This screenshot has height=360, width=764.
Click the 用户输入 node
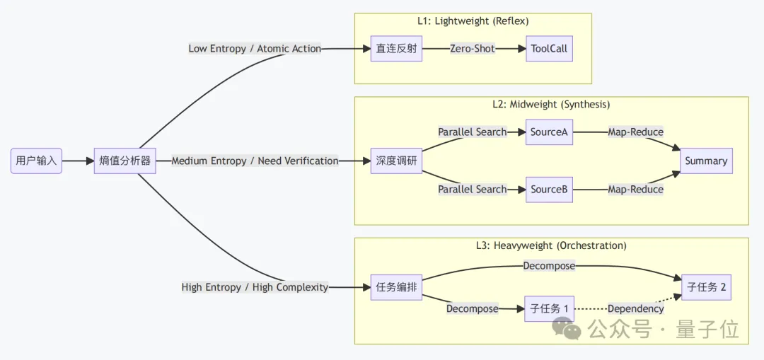[36, 161]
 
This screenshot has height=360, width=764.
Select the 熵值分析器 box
[125, 161]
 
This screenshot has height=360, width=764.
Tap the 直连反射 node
[396, 49]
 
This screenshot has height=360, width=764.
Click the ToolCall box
[548, 49]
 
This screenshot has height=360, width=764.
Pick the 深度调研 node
[396, 161]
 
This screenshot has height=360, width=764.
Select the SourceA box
[549, 132]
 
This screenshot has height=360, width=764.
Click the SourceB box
[549, 190]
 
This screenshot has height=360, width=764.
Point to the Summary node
[705, 161]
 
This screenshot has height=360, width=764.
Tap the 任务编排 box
[396, 287]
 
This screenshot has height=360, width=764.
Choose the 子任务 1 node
[549, 308]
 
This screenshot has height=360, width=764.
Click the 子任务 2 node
[706, 287]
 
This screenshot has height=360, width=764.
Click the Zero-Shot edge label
[473, 49]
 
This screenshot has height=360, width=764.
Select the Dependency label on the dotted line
[635, 308]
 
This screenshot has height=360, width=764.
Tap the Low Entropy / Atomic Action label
[255, 49]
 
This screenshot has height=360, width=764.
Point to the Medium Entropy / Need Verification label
[255, 161]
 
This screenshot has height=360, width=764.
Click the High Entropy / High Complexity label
[255, 287]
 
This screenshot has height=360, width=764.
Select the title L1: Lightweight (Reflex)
[473, 21]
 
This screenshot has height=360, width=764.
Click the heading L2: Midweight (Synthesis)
[551, 104]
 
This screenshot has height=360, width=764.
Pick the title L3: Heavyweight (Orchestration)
[551, 245]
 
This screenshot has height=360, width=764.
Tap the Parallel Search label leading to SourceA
[472, 132]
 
